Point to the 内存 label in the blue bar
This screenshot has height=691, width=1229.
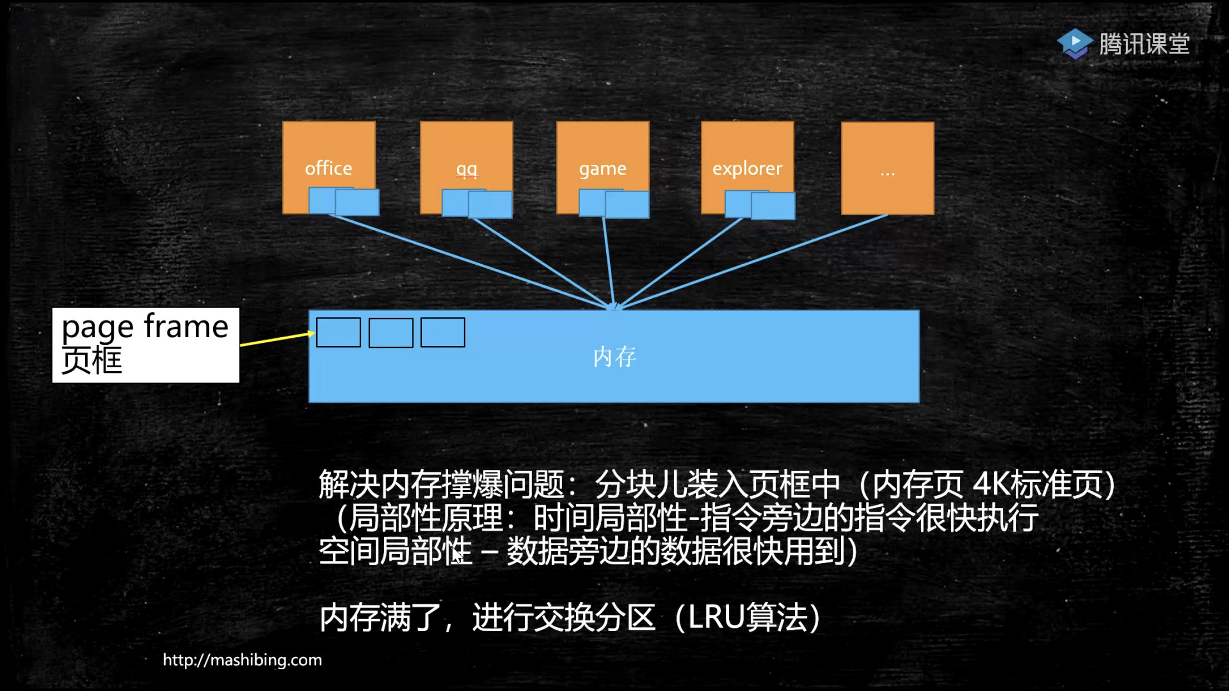(x=614, y=357)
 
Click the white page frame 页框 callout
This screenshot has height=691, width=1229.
(x=146, y=345)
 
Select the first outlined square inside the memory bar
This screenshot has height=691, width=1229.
(x=338, y=333)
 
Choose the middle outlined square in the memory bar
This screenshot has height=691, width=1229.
(x=391, y=333)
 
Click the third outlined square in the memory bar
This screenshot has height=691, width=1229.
(x=443, y=333)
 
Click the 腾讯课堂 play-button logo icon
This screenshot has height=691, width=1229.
(x=1075, y=43)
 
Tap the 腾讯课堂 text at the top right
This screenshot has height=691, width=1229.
(x=1144, y=44)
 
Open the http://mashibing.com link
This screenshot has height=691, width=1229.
(x=242, y=660)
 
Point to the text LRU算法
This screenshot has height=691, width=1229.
(x=748, y=618)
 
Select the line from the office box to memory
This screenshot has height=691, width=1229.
(x=468, y=261)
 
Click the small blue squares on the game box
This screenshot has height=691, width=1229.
(x=614, y=204)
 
